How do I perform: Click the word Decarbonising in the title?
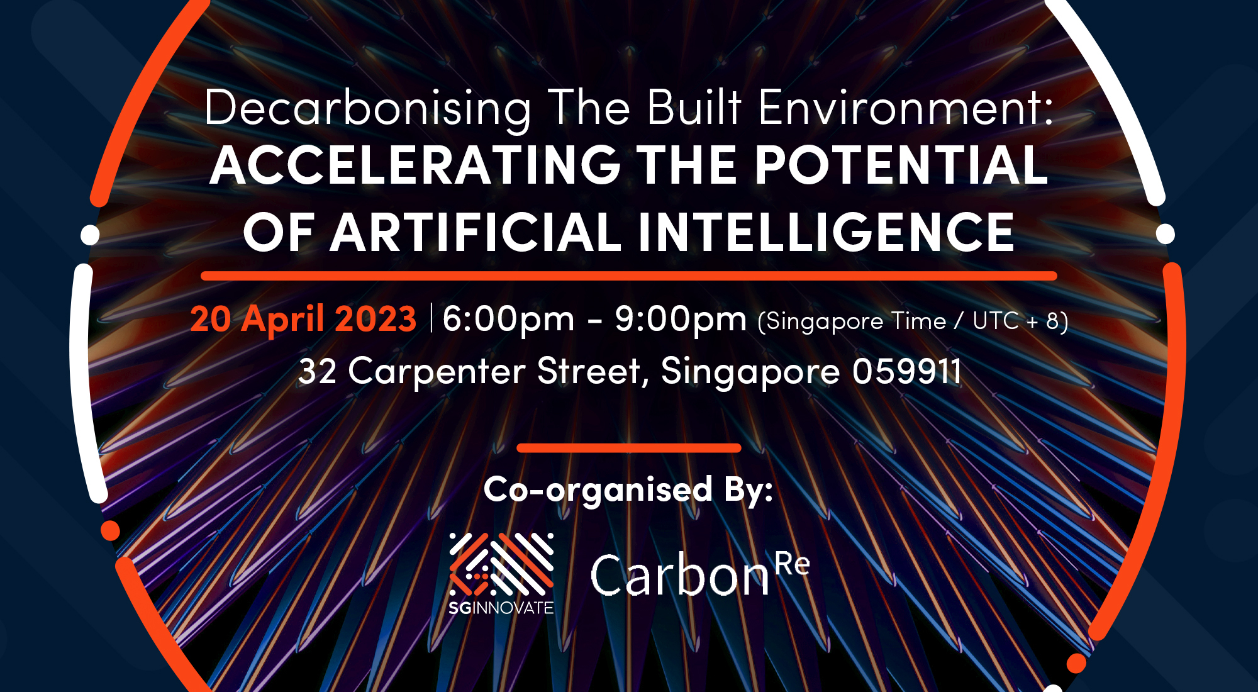tap(368, 109)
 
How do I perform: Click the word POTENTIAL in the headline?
tap(901, 165)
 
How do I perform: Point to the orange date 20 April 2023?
tap(303, 318)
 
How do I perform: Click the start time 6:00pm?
tap(508, 320)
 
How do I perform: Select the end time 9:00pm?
tap(681, 320)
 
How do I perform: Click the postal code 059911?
tap(907, 371)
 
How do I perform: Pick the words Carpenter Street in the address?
tap(494, 371)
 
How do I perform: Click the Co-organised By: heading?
tap(628, 489)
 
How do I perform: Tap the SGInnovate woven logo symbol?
tap(501, 564)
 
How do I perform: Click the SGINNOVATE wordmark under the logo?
tap(501, 608)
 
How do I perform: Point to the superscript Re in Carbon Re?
tap(793, 564)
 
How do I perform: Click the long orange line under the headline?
tap(629, 276)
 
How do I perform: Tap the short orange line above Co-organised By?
tap(629, 448)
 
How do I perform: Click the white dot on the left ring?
tap(91, 235)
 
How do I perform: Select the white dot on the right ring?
tap(1166, 234)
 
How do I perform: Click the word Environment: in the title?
tap(906, 108)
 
